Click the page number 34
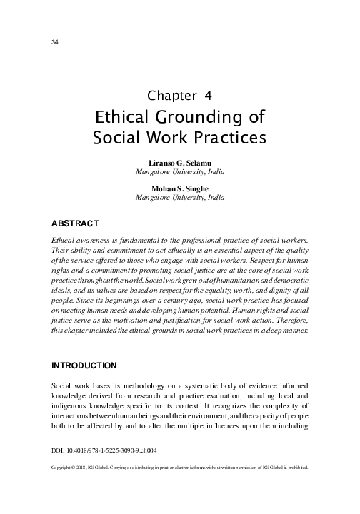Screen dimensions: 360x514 tap(55, 42)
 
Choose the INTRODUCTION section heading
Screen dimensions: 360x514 tap(84, 366)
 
